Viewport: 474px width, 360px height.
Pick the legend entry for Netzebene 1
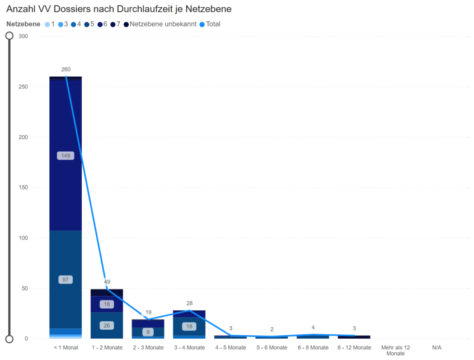[50, 24]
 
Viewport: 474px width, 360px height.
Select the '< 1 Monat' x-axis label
[65, 348]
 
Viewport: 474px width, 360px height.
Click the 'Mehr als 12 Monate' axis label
[395, 350]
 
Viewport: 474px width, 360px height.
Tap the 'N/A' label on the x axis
[437, 348]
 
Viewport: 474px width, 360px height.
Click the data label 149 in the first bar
[65, 156]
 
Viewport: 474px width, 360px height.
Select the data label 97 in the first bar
[65, 279]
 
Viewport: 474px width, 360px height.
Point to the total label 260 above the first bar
[65, 69]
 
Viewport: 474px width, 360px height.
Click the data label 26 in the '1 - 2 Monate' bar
[107, 325]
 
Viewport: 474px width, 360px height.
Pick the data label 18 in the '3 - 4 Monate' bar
[189, 326]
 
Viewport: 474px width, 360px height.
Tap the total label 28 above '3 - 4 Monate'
[189, 303]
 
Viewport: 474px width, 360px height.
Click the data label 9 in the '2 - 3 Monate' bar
[148, 332]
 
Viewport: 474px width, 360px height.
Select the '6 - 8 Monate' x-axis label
[313, 348]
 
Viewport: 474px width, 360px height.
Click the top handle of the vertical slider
[10, 36]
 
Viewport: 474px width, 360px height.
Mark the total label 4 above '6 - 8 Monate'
[313, 328]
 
